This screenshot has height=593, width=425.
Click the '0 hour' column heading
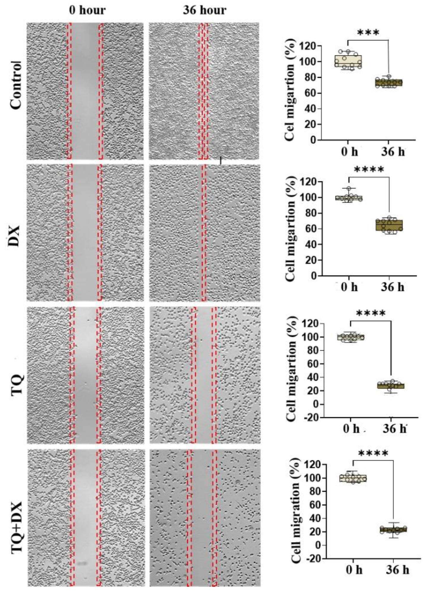87,10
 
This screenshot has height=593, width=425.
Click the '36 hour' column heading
204,10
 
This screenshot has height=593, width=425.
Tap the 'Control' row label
16,85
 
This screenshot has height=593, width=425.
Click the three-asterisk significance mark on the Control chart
368,33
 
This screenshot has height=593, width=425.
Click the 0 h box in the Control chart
348,61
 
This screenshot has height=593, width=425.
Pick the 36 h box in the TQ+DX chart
393,529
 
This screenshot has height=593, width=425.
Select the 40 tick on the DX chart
310,244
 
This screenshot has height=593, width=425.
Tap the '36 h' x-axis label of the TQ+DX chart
397,570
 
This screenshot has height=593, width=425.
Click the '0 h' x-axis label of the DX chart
350,287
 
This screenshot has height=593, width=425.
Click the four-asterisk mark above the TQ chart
371,313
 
